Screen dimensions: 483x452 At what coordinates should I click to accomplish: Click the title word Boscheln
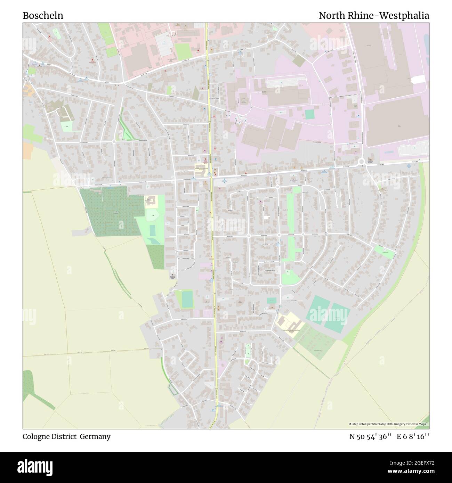(x=43, y=16)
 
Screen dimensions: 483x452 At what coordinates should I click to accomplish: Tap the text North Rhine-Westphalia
(x=374, y=16)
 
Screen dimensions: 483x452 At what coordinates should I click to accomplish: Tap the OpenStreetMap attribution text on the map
(x=388, y=424)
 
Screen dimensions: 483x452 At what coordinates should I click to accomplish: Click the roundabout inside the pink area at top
(x=173, y=34)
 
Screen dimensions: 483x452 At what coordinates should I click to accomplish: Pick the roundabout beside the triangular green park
(x=114, y=141)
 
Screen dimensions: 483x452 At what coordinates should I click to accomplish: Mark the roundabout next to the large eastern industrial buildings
(x=362, y=161)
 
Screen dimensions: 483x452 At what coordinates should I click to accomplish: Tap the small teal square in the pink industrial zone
(x=309, y=114)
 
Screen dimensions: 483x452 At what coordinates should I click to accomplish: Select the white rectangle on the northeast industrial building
(x=419, y=79)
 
